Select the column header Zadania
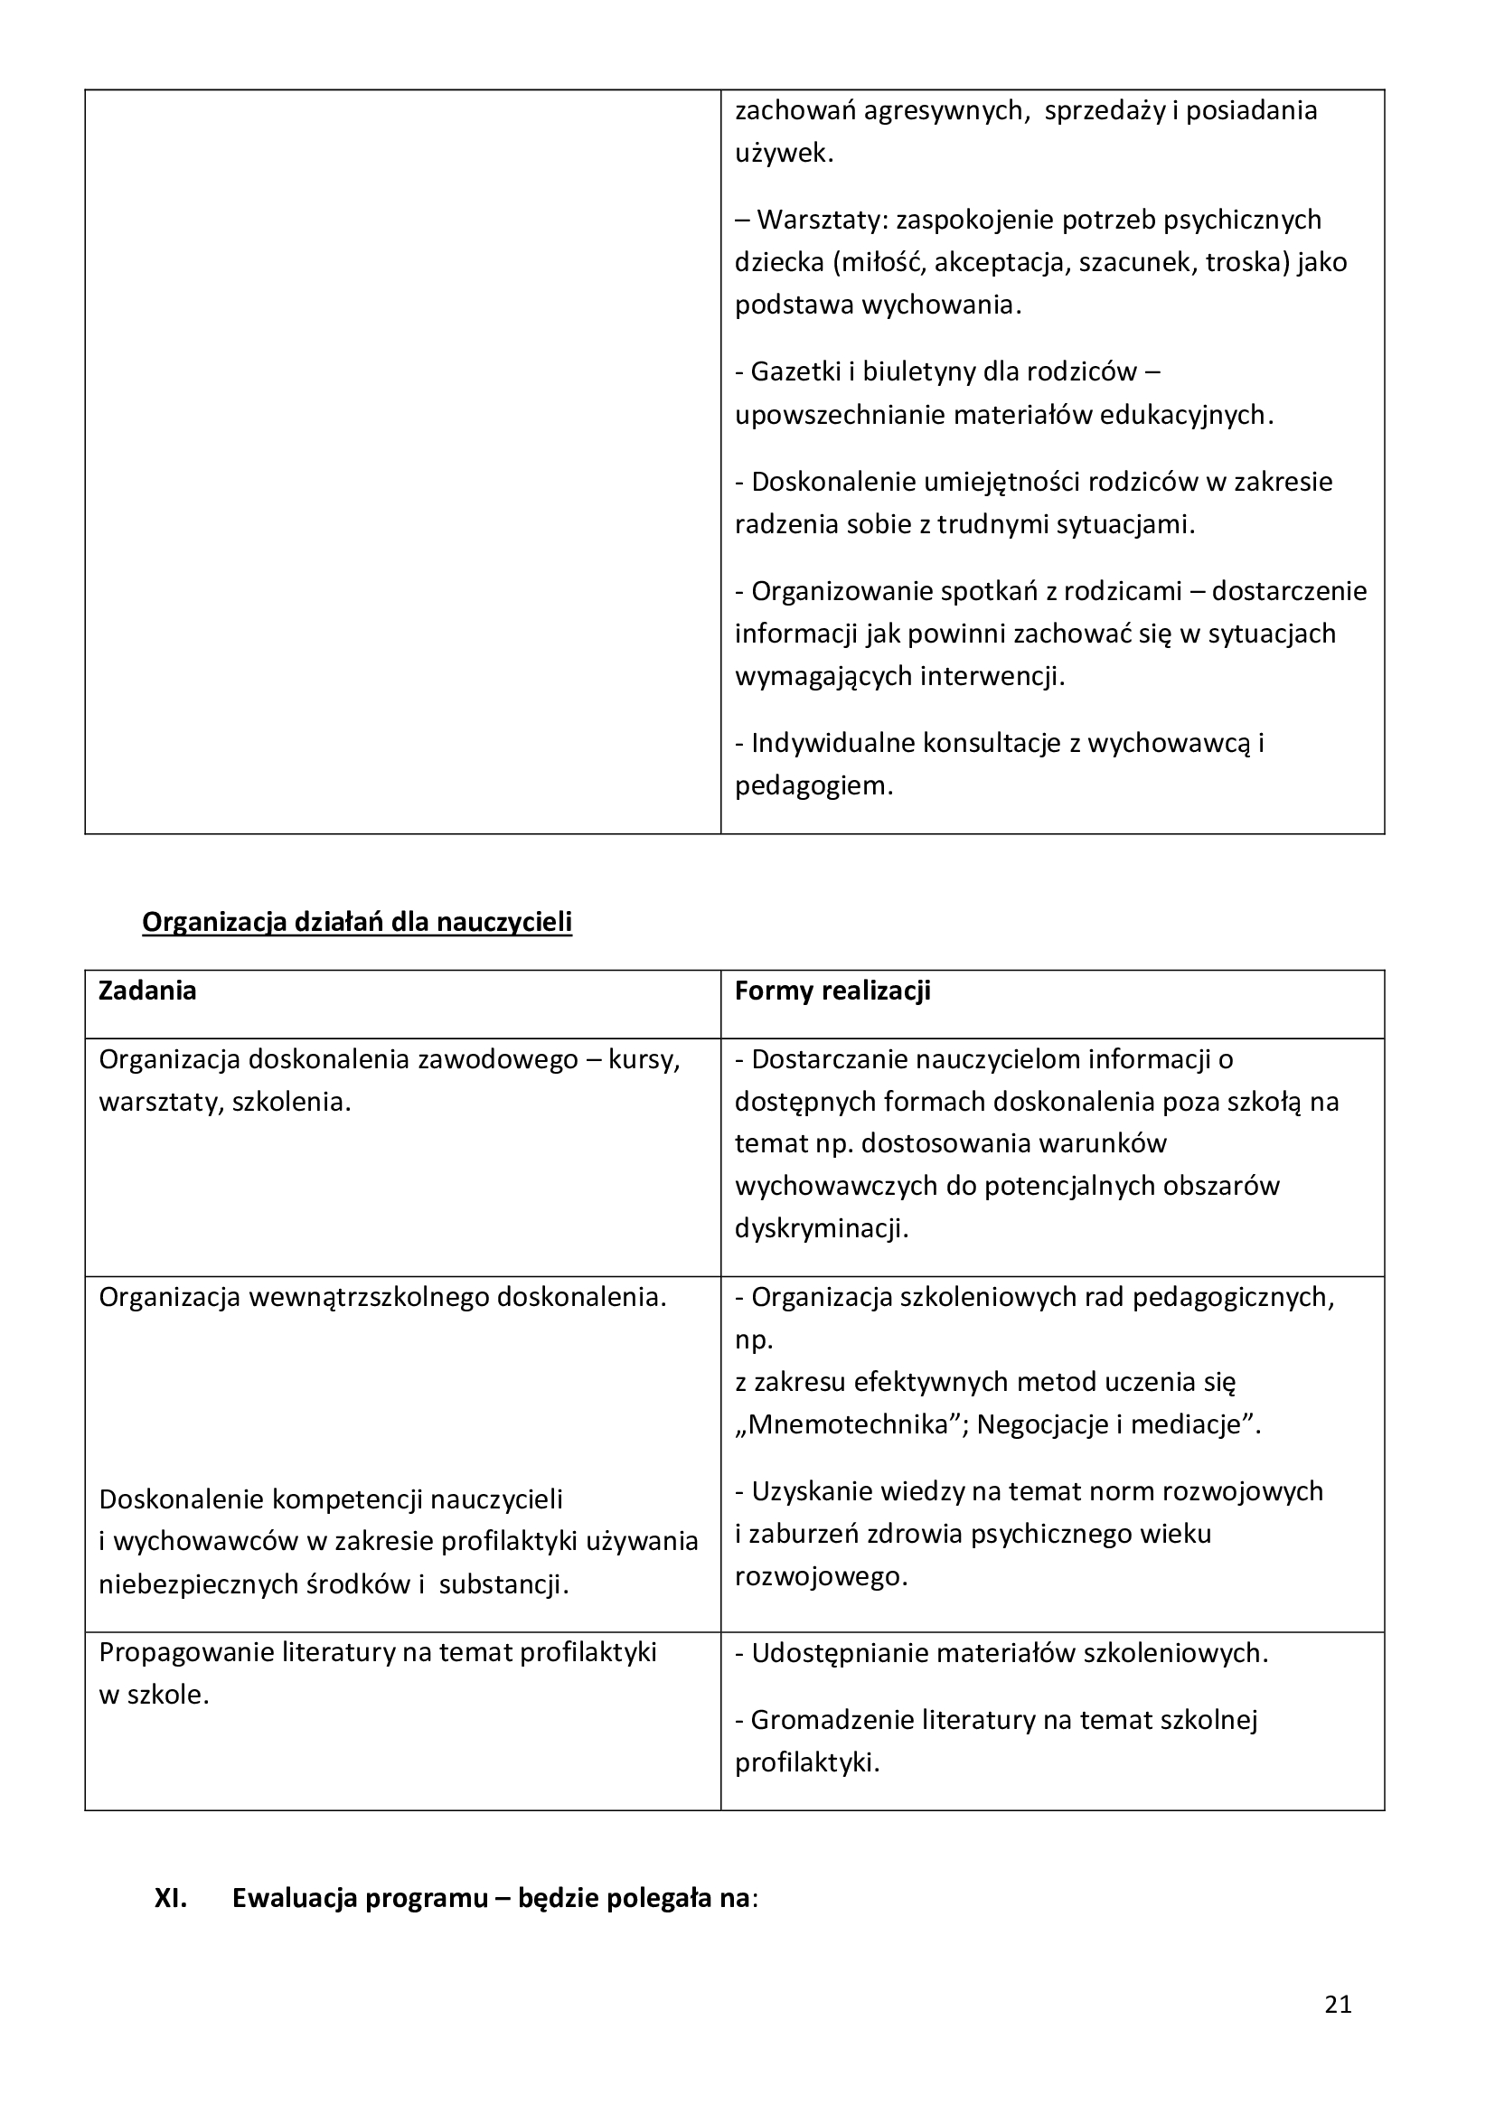click(147, 991)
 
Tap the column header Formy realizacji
click(832, 991)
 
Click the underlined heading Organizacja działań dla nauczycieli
click(357, 922)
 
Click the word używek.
click(784, 154)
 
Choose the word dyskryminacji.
click(821, 1229)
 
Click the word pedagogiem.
click(813, 786)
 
